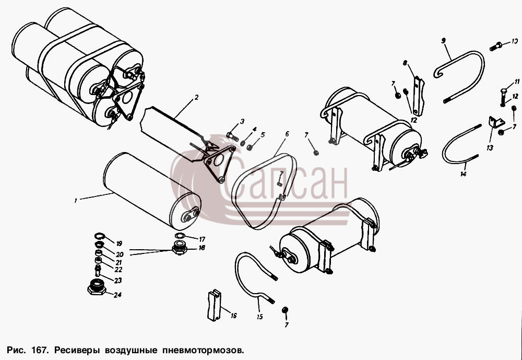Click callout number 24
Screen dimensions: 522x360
coord(117,295)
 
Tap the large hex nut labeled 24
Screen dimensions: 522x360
coord(97,287)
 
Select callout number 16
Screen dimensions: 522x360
coord(233,316)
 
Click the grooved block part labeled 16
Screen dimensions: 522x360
coord(214,305)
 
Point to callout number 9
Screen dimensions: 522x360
coord(443,41)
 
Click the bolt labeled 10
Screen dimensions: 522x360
coord(496,47)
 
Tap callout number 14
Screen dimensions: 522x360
coord(464,173)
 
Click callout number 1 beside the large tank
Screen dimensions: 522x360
coord(76,201)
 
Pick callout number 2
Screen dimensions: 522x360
coord(196,97)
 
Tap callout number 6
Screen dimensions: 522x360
coord(287,134)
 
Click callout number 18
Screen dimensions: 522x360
coord(201,248)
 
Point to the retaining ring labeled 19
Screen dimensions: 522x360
coord(99,237)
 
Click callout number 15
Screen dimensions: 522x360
coord(259,317)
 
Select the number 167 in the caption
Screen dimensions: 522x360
coord(41,350)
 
